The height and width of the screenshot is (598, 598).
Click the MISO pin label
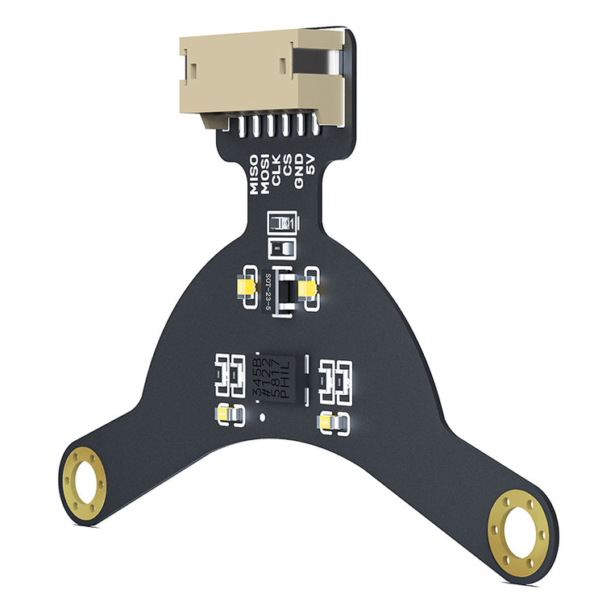254,175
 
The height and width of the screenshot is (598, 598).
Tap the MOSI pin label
265,172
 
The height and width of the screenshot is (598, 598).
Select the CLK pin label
276,169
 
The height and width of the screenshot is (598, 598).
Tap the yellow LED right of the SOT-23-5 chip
308,289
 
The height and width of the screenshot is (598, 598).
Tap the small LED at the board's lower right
332,421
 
